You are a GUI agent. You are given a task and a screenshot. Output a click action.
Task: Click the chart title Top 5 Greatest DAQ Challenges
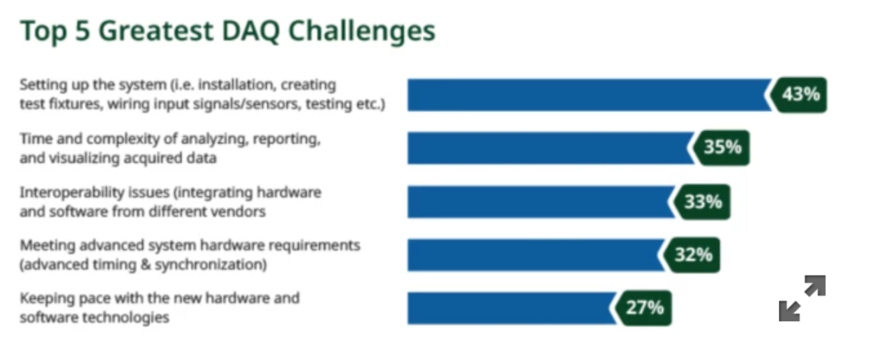[227, 31]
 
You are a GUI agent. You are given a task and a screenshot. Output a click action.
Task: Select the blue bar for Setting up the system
[589, 95]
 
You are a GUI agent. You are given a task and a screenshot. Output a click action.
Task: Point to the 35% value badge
[720, 148]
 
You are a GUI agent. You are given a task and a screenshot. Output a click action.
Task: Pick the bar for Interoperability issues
[541, 202]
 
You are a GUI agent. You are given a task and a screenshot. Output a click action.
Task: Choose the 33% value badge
[701, 202]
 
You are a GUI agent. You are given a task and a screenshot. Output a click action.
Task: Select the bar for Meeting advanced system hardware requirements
[536, 255]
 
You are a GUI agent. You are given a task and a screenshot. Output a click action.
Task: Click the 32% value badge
[691, 255]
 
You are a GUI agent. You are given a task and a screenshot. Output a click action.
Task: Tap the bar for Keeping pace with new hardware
[512, 308]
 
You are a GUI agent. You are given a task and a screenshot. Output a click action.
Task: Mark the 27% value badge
[643, 308]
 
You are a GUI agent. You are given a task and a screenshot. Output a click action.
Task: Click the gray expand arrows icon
[802, 299]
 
